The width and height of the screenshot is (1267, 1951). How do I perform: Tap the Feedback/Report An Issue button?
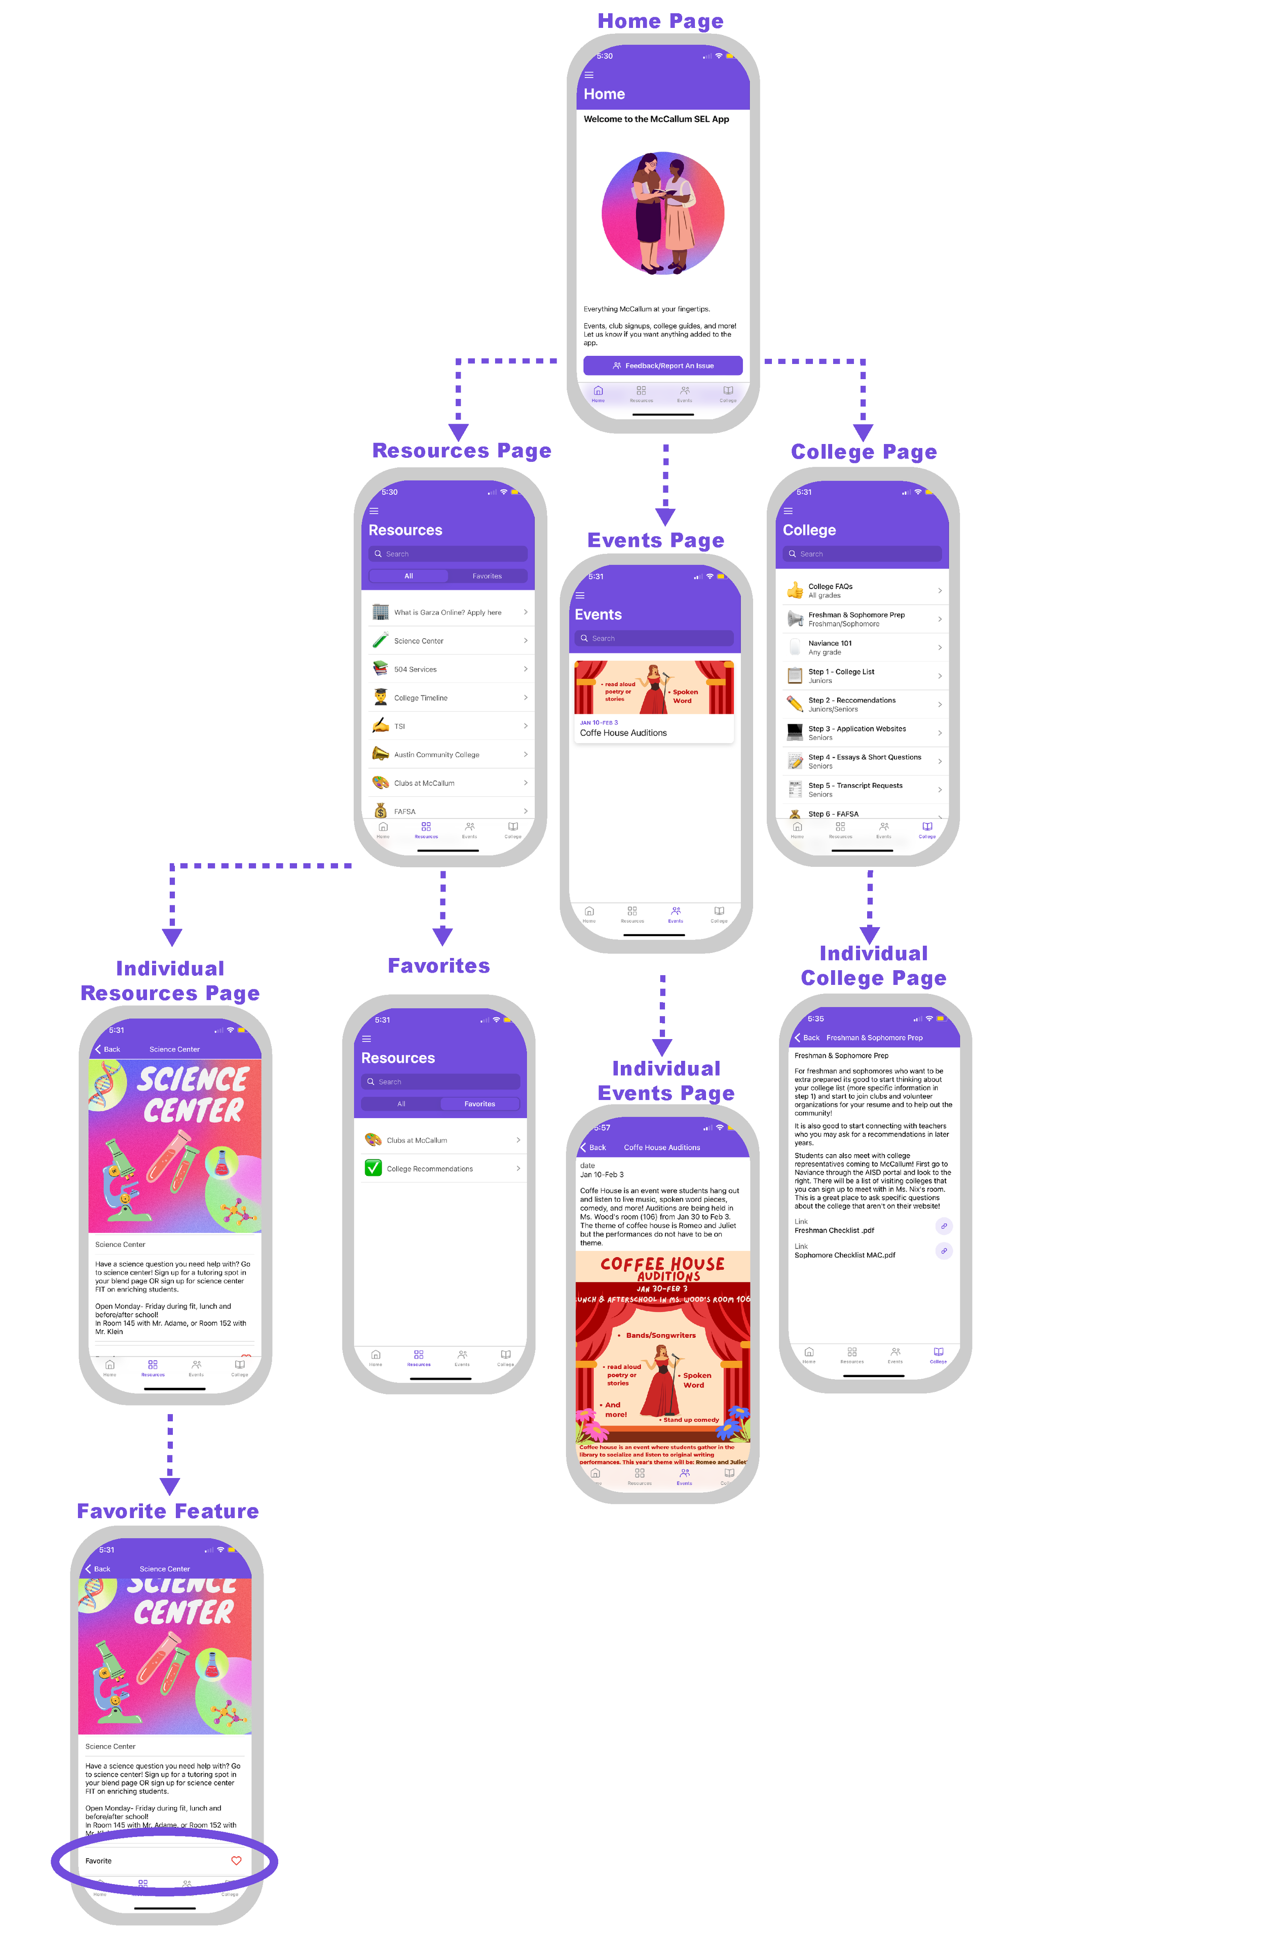(662, 365)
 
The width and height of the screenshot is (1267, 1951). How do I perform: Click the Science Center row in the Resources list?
(449, 641)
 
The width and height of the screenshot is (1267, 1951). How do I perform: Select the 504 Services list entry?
(449, 670)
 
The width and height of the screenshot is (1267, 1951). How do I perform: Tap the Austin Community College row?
(449, 755)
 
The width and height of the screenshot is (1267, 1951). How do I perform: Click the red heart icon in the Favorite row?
(236, 1861)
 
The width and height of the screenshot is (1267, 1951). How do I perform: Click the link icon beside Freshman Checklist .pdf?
(944, 1226)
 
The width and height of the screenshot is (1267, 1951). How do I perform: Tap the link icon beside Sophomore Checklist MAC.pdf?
(944, 1251)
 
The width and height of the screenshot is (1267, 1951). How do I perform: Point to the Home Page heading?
(660, 21)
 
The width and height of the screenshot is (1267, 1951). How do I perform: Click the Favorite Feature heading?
(168, 1512)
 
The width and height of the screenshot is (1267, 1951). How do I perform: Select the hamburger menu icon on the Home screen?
(588, 75)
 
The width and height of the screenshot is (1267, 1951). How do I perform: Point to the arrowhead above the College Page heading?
(863, 432)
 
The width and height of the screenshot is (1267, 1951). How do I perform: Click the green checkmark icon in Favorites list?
(373, 1168)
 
